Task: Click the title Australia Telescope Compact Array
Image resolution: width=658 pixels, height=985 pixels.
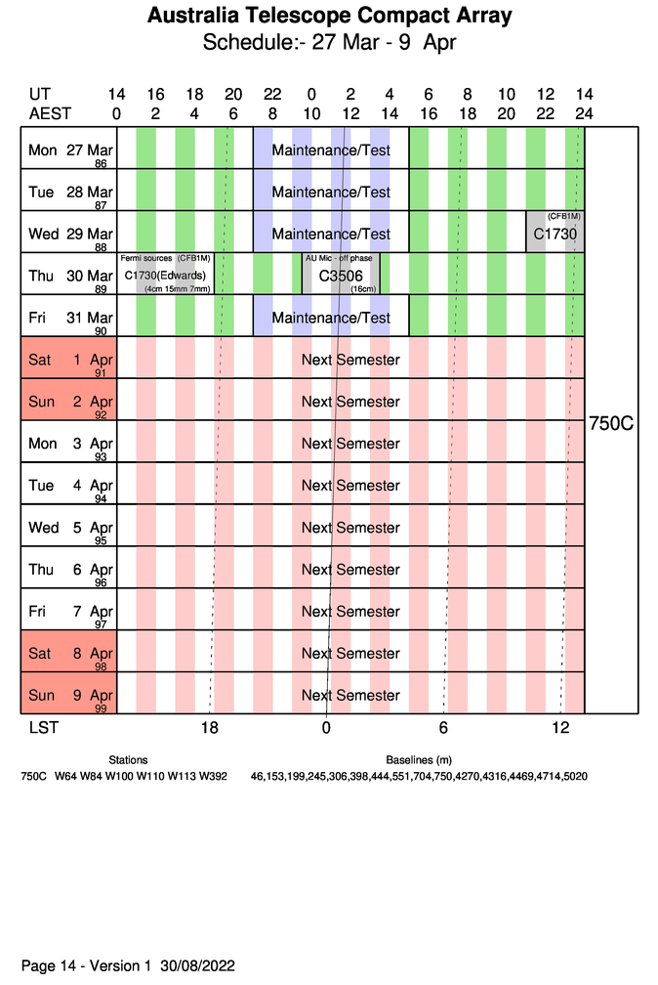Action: (x=329, y=17)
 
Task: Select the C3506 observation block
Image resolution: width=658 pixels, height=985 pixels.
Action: (x=341, y=276)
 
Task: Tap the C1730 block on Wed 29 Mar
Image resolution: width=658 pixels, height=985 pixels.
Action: (x=555, y=234)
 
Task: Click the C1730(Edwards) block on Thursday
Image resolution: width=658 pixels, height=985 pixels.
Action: (x=167, y=276)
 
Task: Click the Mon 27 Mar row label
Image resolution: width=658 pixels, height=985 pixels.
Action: (x=69, y=150)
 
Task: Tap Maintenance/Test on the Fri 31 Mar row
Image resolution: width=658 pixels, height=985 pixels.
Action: (x=331, y=319)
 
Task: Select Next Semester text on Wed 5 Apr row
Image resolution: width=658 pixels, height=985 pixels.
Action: (x=350, y=528)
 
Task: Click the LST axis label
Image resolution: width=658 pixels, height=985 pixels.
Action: (x=40, y=728)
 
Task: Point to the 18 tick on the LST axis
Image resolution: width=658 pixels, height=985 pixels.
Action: (x=209, y=728)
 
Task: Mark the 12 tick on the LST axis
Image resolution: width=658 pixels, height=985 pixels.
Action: (x=560, y=728)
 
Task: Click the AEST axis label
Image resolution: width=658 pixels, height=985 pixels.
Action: (x=50, y=113)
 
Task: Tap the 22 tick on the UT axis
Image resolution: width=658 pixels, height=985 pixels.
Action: (x=272, y=95)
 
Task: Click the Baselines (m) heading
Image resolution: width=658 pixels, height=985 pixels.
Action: (x=419, y=759)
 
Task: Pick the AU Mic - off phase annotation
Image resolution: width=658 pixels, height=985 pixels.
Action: (x=339, y=258)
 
